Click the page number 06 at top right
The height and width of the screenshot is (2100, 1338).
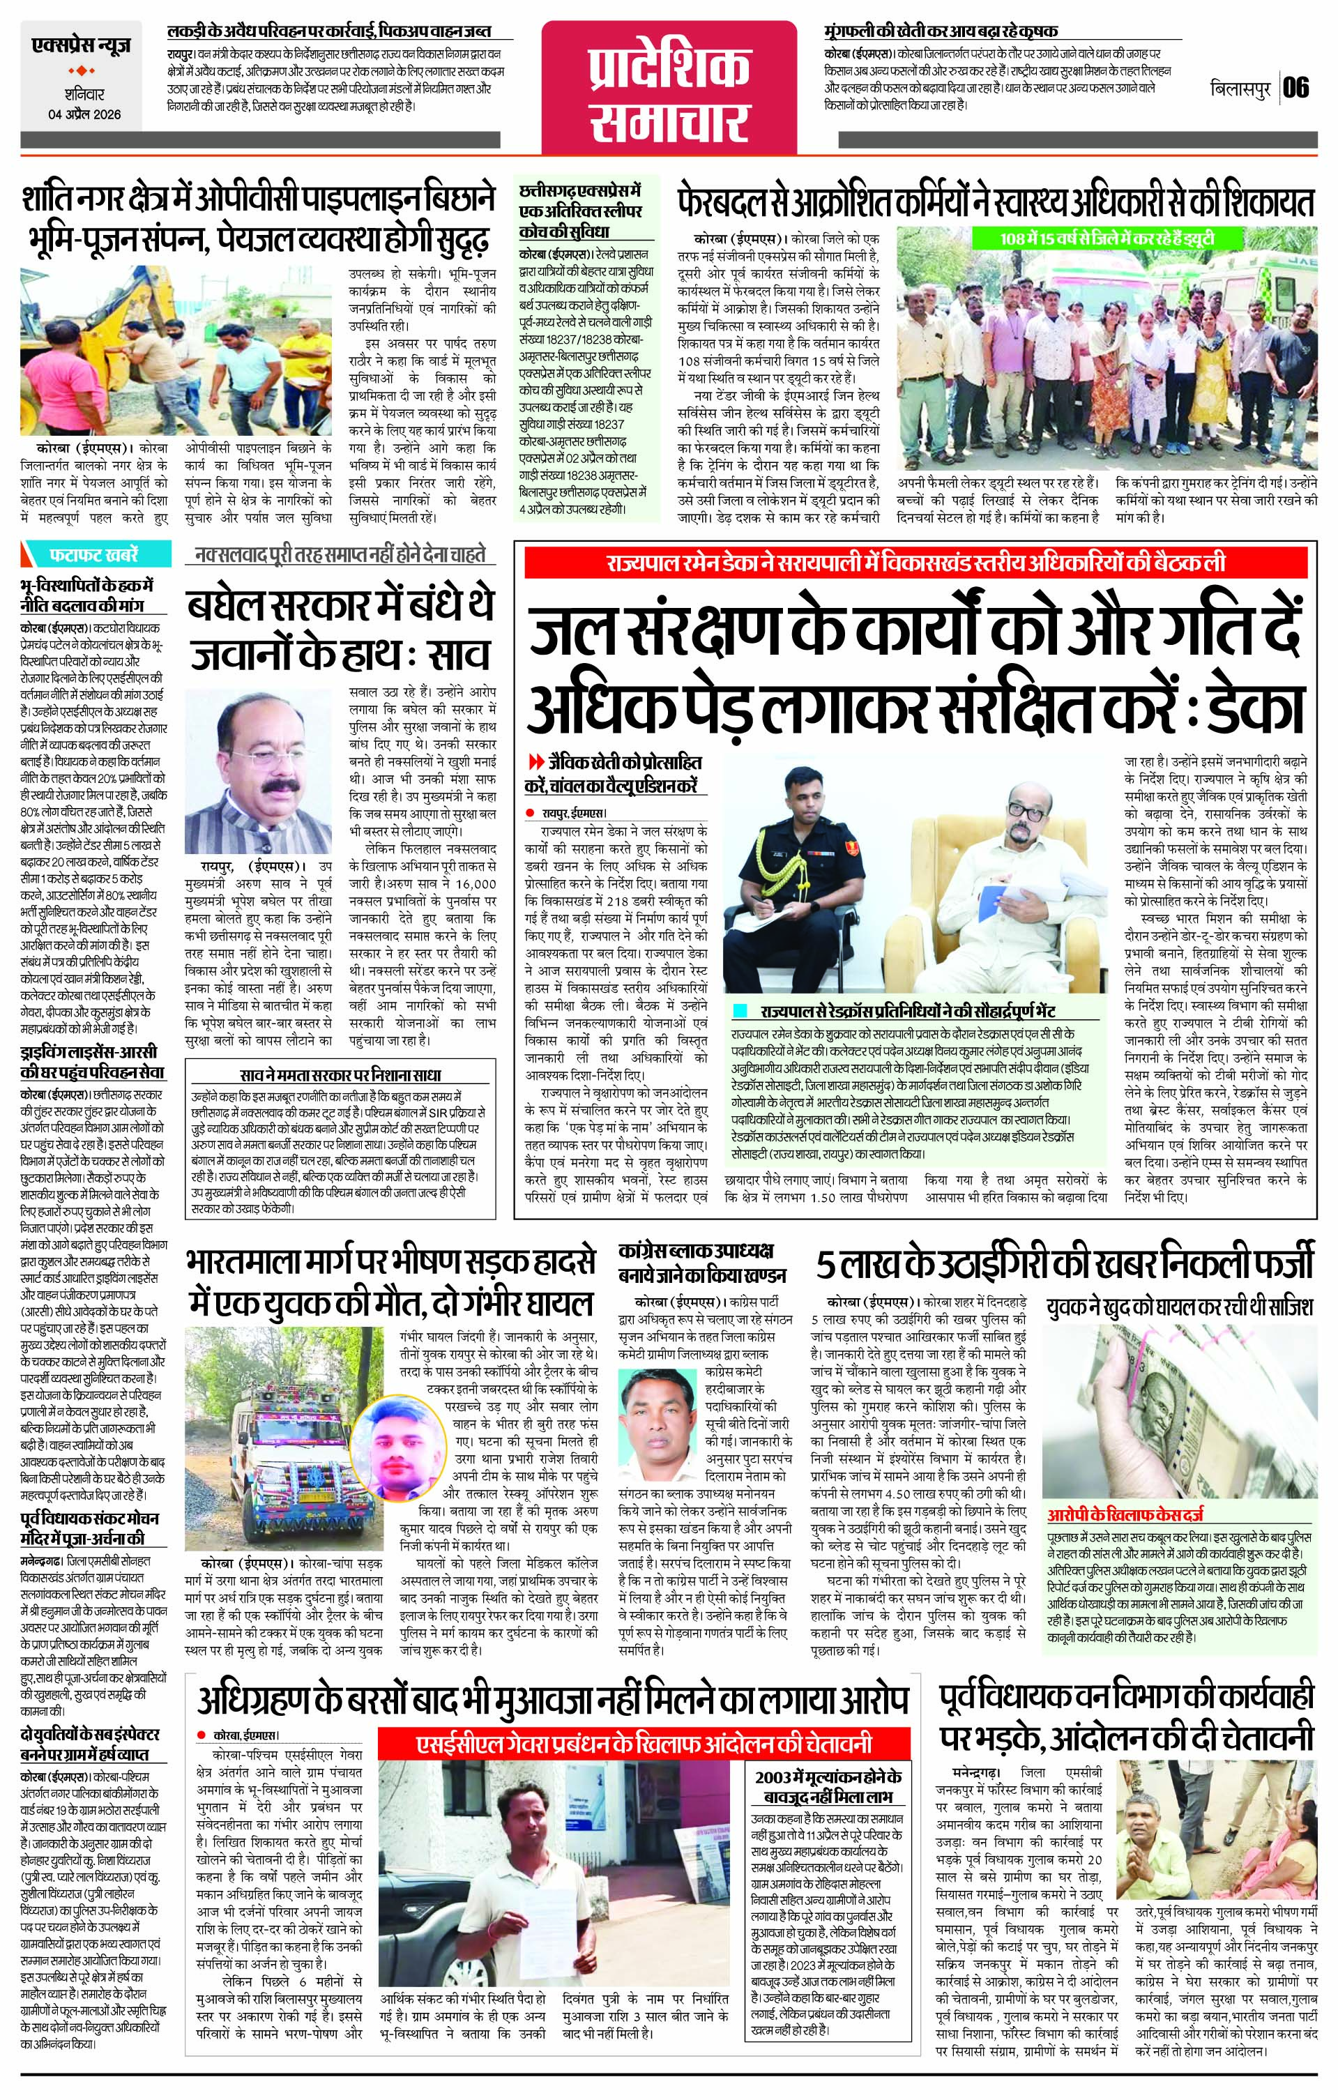pos(1296,88)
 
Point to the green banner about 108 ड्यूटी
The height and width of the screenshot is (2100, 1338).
pos(1107,238)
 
